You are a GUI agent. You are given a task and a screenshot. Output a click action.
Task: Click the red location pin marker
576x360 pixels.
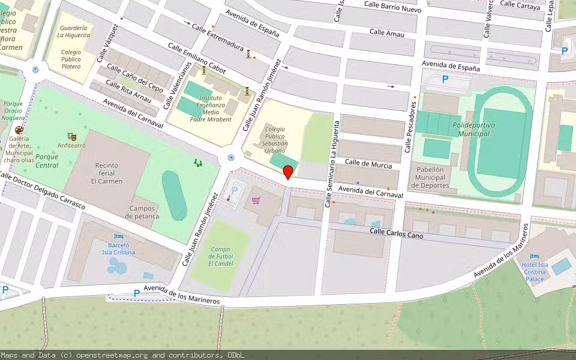[288, 172]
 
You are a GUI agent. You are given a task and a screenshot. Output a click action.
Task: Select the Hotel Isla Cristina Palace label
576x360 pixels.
[535, 271]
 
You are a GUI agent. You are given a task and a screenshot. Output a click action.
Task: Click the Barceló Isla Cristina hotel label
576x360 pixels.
[118, 248]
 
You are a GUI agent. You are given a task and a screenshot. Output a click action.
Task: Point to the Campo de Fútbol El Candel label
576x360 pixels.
[221, 256]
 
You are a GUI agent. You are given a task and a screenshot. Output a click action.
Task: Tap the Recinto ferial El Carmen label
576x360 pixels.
[107, 173]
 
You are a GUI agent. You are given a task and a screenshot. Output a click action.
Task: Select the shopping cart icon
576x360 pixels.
[256, 200]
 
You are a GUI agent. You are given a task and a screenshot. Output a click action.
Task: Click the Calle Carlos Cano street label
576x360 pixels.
[396, 233]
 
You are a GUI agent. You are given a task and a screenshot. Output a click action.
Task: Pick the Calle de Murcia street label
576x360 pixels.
[368, 164]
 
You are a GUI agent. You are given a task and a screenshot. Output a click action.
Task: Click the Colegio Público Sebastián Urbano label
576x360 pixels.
[276, 139]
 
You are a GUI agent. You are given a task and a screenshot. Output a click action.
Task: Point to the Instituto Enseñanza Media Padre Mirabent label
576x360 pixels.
[211, 108]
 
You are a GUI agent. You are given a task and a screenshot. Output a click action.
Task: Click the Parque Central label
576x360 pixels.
[47, 161]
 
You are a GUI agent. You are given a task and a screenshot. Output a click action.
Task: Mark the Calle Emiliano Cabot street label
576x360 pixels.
[196, 58]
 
